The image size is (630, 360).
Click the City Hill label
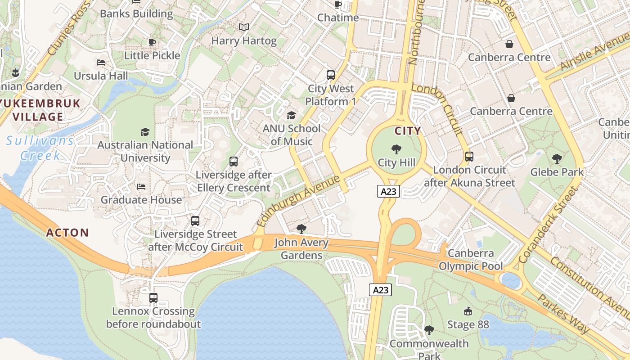click(x=396, y=162)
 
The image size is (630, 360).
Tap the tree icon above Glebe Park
click(x=557, y=159)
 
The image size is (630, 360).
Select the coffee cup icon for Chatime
click(x=337, y=5)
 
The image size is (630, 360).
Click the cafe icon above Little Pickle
click(x=152, y=43)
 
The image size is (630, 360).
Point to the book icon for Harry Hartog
click(x=244, y=27)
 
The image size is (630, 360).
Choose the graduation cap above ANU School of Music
click(x=291, y=116)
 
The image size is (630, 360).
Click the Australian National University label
click(x=145, y=152)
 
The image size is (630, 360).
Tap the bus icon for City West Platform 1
click(x=331, y=75)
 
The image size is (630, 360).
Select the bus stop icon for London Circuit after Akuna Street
click(x=469, y=157)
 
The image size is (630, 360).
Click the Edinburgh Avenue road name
click(x=298, y=201)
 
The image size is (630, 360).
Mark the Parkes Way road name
click(x=564, y=315)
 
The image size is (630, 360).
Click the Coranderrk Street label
click(x=548, y=225)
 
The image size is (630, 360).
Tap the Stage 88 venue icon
click(x=468, y=311)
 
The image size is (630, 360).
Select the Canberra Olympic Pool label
click(x=471, y=260)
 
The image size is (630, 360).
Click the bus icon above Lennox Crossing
click(x=153, y=298)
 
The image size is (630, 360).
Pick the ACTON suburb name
click(x=67, y=233)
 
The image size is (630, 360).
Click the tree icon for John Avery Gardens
click(x=301, y=229)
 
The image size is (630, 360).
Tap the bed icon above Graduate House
click(x=141, y=187)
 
